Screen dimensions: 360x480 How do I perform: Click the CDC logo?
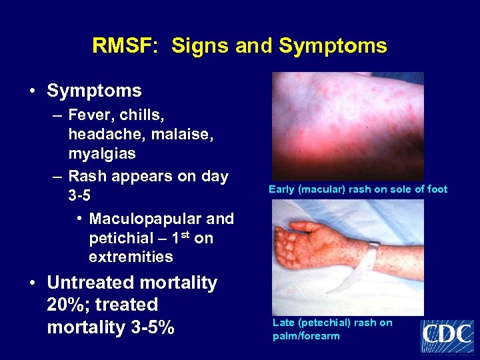click(x=447, y=336)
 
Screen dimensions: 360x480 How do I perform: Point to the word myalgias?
click(x=102, y=153)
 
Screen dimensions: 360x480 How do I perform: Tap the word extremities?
click(x=131, y=257)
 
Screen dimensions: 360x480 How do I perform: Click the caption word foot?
click(x=437, y=189)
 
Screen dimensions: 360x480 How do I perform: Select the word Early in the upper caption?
click(x=282, y=189)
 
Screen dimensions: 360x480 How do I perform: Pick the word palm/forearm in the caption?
click(x=306, y=336)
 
